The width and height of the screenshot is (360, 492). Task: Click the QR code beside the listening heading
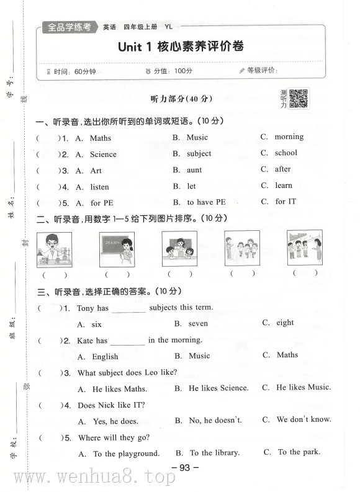tap(299, 98)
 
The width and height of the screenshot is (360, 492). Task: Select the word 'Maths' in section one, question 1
tap(101, 138)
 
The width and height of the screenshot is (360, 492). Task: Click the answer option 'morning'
tap(289, 136)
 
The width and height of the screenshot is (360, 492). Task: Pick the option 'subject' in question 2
tap(199, 153)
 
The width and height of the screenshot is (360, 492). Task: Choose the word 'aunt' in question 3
tap(194, 170)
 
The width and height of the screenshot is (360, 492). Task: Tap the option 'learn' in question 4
tap(284, 185)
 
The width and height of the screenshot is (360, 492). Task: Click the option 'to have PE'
tap(207, 202)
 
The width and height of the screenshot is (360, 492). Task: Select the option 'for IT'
tap(286, 201)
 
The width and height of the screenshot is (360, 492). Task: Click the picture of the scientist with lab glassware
tap(54, 249)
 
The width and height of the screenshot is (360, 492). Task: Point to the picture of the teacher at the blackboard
tap(117, 249)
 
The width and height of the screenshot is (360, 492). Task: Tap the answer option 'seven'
tap(199, 323)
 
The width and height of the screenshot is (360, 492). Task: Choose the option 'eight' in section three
tap(286, 323)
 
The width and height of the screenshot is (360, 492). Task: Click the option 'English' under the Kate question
tap(105, 357)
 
